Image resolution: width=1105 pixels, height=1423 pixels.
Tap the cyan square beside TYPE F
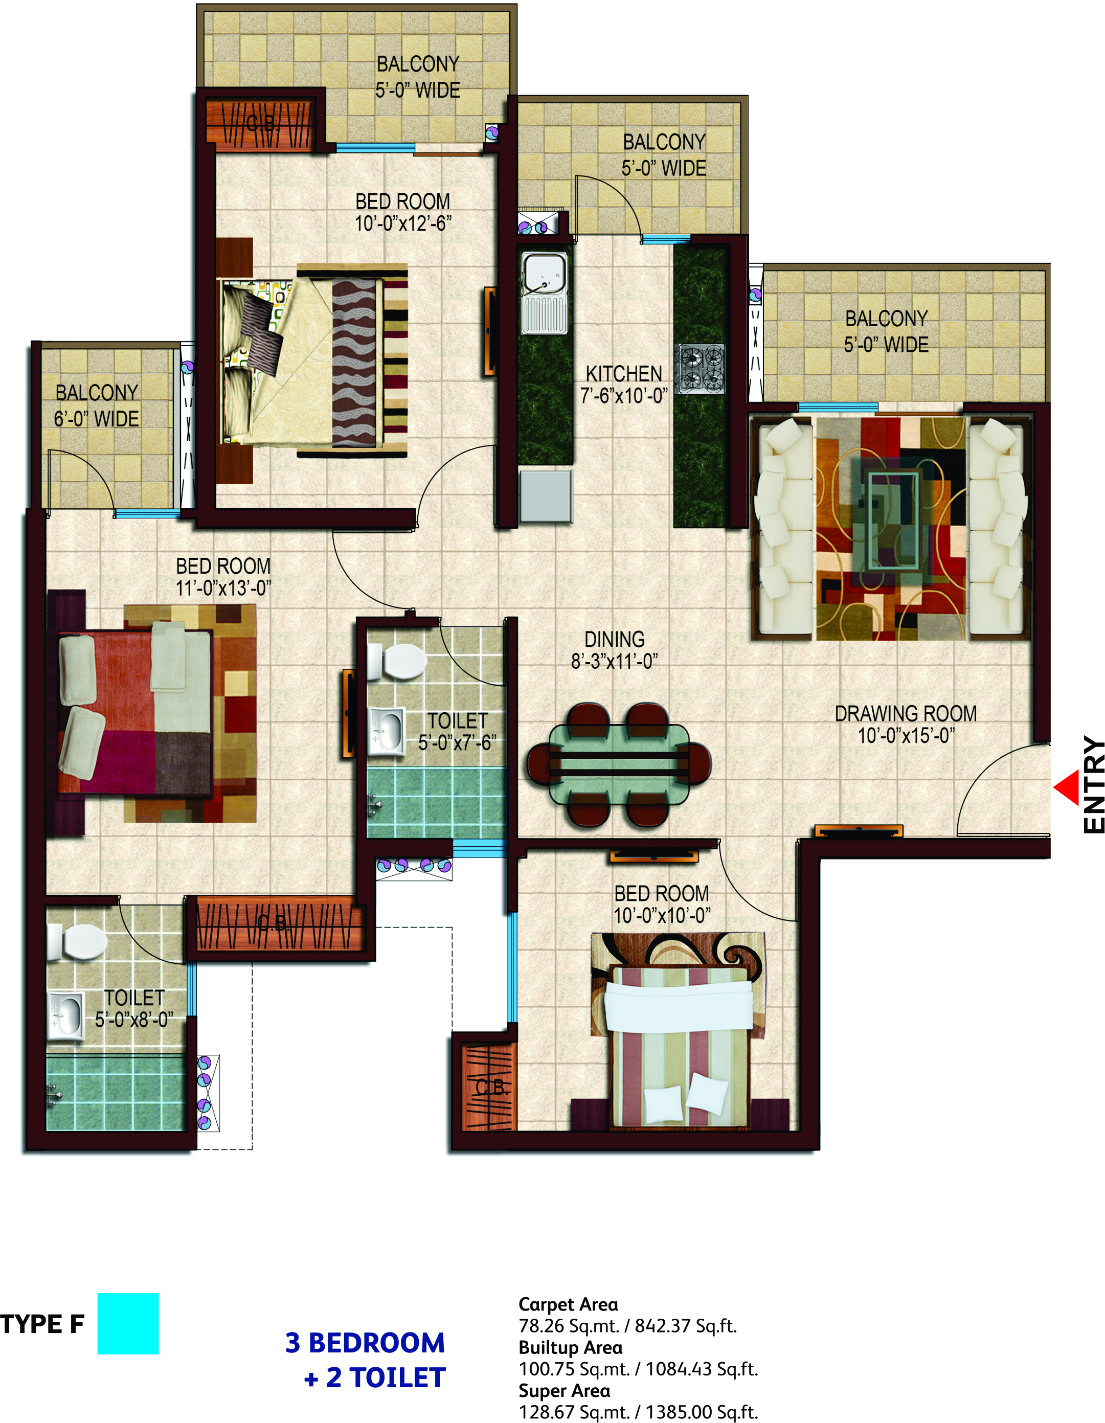tap(128, 1323)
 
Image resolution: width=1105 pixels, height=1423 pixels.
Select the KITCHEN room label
tap(623, 374)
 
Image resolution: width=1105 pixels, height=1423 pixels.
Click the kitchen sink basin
tap(544, 273)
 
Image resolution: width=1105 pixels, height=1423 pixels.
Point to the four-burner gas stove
tap(700, 369)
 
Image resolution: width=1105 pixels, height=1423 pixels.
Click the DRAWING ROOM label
tap(906, 713)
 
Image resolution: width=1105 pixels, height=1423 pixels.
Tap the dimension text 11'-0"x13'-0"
tap(223, 589)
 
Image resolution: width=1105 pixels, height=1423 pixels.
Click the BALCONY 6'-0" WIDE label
tap(97, 405)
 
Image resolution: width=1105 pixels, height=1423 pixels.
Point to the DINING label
tap(615, 639)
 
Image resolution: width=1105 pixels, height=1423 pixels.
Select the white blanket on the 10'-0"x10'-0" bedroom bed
tap(678, 1007)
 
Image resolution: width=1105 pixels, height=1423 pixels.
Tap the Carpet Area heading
tap(568, 1304)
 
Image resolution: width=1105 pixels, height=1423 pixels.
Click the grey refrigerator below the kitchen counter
tap(546, 496)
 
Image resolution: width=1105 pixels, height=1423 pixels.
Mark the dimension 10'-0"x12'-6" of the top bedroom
tap(402, 223)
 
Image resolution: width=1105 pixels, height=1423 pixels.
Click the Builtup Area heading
tap(570, 1347)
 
